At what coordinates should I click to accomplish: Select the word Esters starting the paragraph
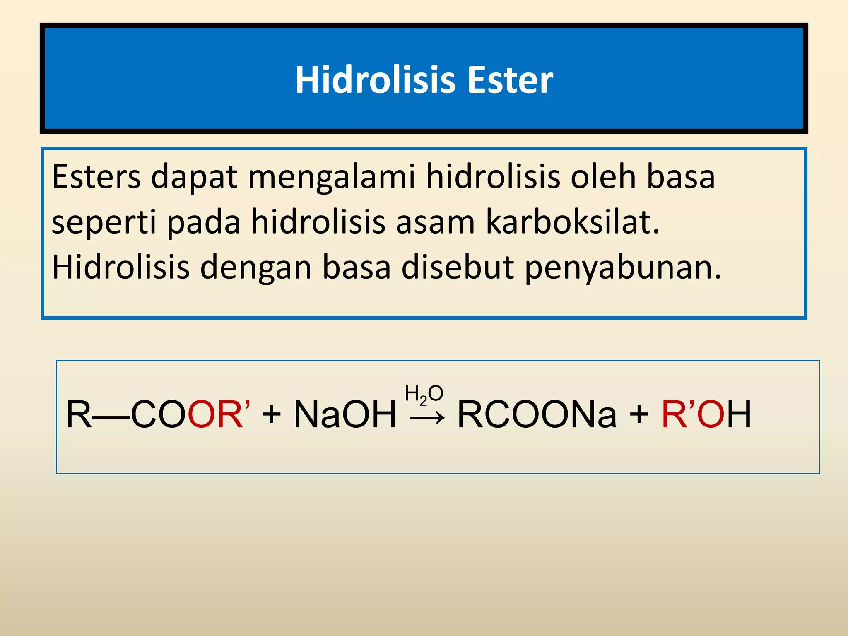tap(96, 177)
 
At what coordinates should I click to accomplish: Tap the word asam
tap(435, 223)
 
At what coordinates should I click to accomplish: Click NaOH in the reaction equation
tap(345, 414)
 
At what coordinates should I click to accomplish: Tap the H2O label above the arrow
tap(424, 394)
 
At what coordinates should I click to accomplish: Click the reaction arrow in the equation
tap(427, 419)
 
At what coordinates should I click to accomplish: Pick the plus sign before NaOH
tap(272, 414)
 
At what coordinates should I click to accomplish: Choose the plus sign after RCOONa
tap(639, 414)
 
